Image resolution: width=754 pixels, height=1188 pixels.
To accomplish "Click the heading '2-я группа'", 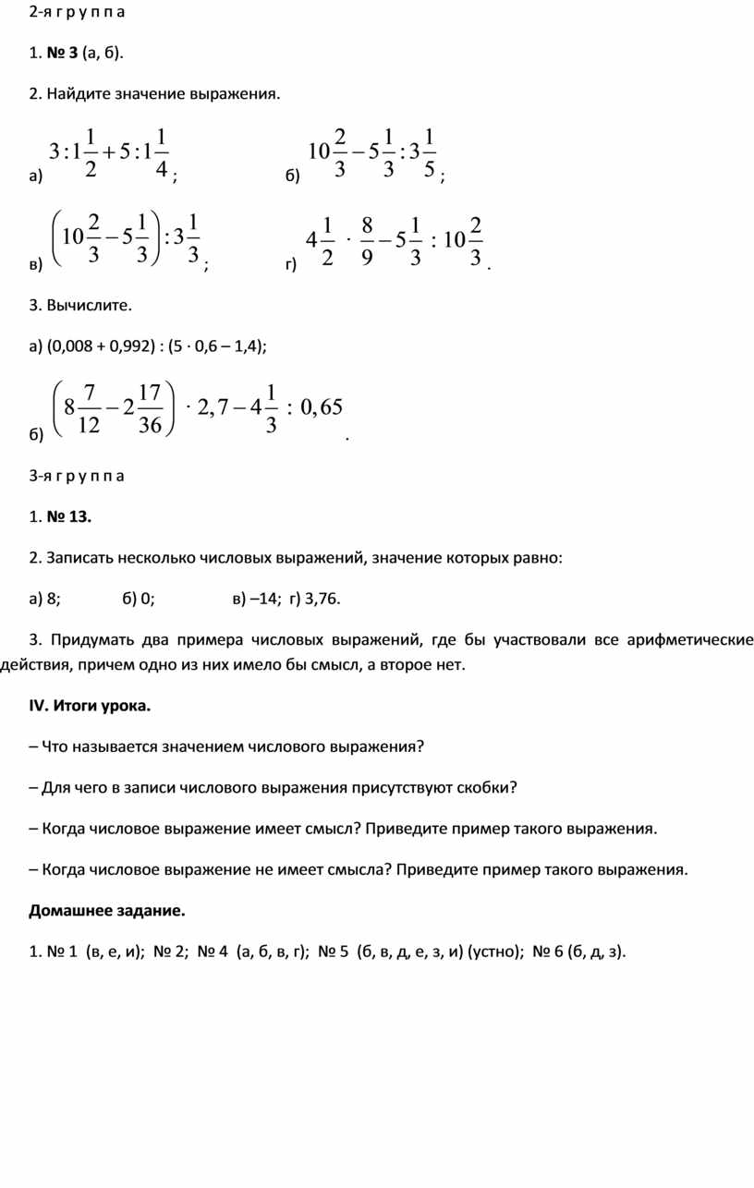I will tap(77, 13).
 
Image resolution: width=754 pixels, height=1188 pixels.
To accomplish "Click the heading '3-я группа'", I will tap(77, 476).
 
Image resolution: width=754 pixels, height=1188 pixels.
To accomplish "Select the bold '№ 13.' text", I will tap(69, 516).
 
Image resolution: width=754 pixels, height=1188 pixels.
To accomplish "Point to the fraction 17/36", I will tap(149, 408).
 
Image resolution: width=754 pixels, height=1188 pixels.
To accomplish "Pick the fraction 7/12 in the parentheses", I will tap(90, 408).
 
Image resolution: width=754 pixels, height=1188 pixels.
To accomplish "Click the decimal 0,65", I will tap(321, 407).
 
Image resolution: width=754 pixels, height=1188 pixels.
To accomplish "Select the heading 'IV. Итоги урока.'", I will tap(89, 706).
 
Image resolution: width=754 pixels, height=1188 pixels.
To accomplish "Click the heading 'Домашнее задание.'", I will tap(106, 912).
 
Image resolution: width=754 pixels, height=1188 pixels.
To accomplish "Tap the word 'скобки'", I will tap(486, 788).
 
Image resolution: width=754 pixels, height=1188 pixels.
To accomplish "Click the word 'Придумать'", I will tap(88, 640).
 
